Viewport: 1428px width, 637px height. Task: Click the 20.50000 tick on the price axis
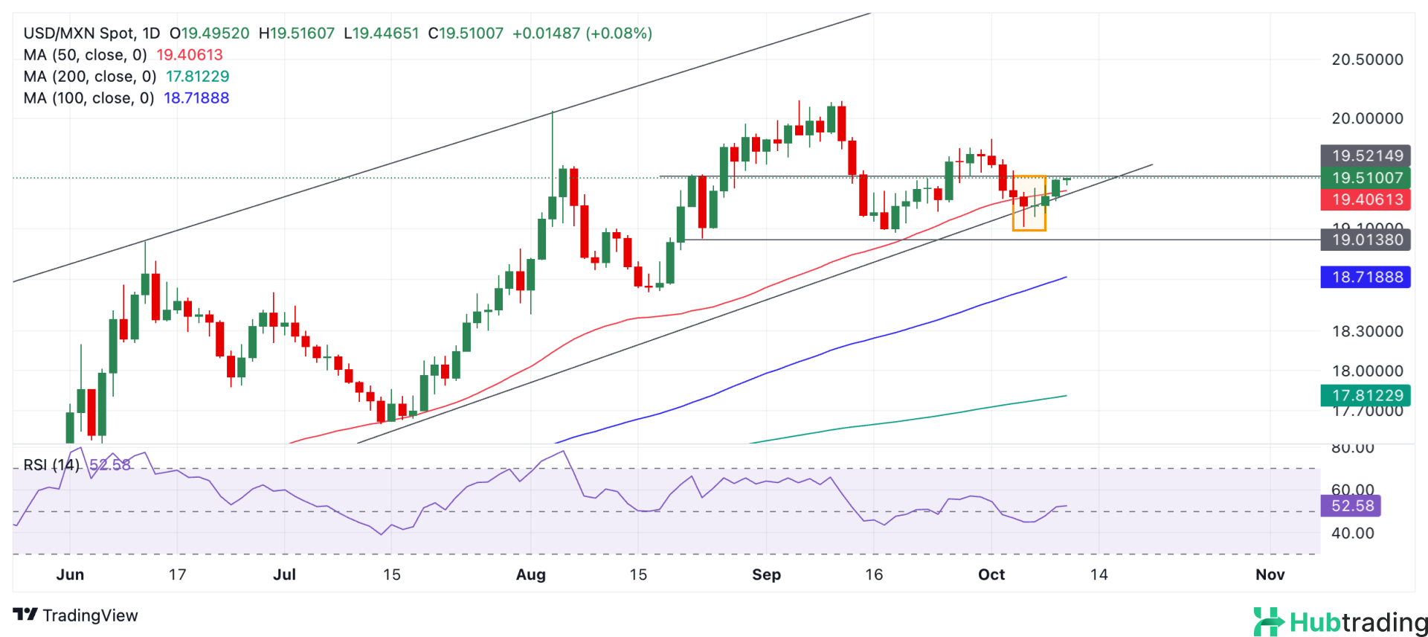click(1367, 60)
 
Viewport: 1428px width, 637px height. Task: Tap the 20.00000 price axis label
click(1367, 118)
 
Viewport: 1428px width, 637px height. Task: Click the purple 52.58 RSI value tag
click(1351, 506)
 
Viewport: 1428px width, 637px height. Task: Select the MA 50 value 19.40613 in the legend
click(189, 55)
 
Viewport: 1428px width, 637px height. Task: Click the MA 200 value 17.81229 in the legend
click(197, 77)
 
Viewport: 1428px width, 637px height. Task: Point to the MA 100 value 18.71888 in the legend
click(196, 98)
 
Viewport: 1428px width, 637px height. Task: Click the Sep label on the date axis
click(766, 574)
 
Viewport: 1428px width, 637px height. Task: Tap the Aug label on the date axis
click(531, 574)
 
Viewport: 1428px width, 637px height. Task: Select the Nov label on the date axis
click(1270, 574)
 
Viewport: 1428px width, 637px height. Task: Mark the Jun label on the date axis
click(70, 574)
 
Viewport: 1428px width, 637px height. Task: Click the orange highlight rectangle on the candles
click(1029, 203)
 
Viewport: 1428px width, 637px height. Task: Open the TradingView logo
click(76, 615)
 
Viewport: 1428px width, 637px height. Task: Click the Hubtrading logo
click(1339, 622)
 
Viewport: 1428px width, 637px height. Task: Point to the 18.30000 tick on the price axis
click(1367, 331)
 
